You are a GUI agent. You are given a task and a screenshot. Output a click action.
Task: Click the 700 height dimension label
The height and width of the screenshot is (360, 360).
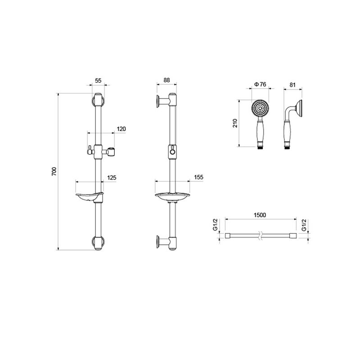tap(54, 171)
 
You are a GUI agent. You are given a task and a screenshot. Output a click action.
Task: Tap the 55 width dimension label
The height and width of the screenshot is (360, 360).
tap(98, 81)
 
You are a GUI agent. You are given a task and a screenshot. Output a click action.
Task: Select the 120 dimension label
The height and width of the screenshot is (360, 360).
tap(121, 129)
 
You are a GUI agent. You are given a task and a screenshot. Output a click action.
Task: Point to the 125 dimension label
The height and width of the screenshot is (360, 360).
tap(112, 178)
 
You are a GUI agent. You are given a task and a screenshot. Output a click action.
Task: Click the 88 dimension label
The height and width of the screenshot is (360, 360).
tap(166, 80)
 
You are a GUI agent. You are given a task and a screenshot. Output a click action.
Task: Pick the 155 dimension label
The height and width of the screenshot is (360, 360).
tap(198, 177)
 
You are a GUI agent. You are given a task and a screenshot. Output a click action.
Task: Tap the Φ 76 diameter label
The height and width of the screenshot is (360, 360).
tap(261, 85)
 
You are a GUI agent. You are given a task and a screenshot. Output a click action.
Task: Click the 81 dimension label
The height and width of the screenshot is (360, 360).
tap(292, 85)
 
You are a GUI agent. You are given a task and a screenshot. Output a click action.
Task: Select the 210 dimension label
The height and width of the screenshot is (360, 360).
tap(235, 123)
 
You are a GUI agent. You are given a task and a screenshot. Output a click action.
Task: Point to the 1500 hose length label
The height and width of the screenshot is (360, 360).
tap(260, 215)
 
